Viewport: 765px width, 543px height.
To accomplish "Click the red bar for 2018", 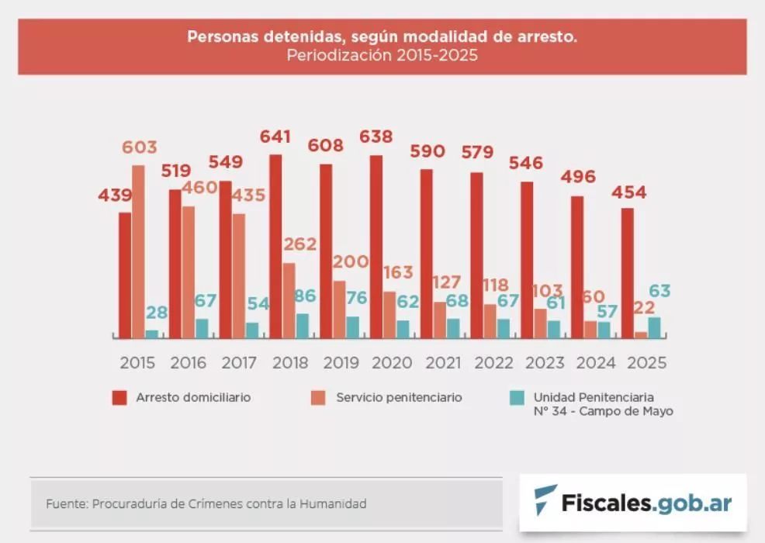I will click(x=275, y=247).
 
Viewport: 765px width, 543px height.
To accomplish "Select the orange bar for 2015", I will click(x=137, y=252).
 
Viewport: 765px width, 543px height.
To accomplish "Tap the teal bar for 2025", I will click(x=654, y=327).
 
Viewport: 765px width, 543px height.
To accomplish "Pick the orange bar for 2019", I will click(x=339, y=310).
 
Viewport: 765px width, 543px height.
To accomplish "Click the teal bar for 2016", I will click(x=202, y=328).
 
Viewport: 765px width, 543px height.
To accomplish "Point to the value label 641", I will click(x=275, y=137).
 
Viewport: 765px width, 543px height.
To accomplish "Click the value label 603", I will click(x=139, y=147).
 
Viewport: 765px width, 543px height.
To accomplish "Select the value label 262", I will click(x=299, y=244).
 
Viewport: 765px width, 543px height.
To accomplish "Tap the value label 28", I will click(x=157, y=313).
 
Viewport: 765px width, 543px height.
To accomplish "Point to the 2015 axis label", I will click(x=137, y=363).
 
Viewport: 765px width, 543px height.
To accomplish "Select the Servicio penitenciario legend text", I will click(x=399, y=397).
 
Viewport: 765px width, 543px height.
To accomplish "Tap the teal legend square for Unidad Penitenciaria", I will click(x=517, y=398).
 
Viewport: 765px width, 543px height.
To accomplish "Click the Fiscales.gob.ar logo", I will click(x=632, y=502).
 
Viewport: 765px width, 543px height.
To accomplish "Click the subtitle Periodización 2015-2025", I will click(x=382, y=55).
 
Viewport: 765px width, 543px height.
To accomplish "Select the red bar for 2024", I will click(x=577, y=267).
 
